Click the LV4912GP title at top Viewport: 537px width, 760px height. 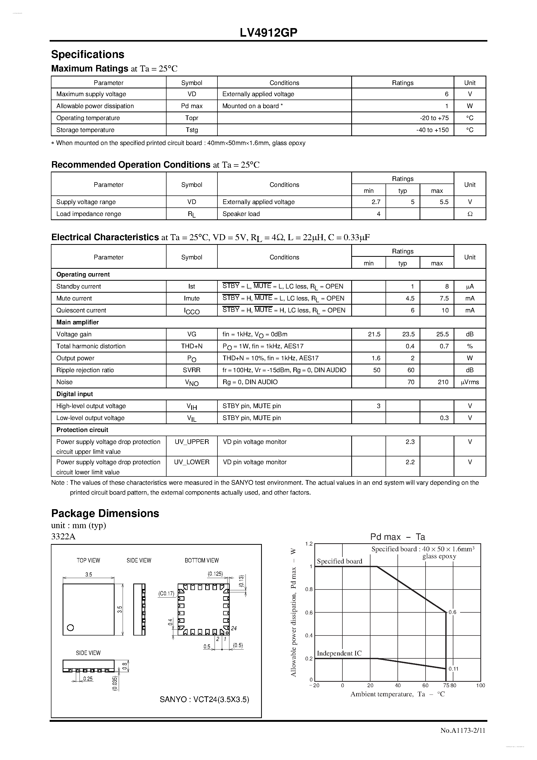tap(268, 33)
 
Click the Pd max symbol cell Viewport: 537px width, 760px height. tap(191, 106)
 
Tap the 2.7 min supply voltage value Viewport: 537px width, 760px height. tap(376, 202)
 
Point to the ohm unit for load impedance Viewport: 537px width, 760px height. tap(469, 214)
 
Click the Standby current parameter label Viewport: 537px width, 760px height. tap(78, 287)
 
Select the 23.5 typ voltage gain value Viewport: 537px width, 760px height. tap(408, 334)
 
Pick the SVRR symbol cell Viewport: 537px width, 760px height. tap(191, 370)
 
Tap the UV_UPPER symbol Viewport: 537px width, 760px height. tap(191, 442)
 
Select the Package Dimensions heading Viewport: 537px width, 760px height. tap(105, 513)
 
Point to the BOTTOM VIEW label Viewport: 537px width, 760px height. tap(202, 560)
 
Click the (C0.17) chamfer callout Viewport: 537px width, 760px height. tap(166, 593)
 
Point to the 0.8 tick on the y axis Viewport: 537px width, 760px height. tap(308, 589)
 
